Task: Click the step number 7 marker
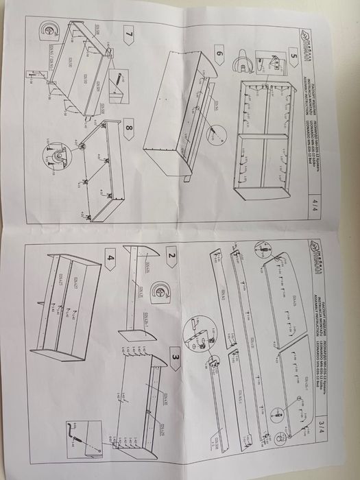coord(128,33)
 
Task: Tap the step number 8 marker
coord(128,127)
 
